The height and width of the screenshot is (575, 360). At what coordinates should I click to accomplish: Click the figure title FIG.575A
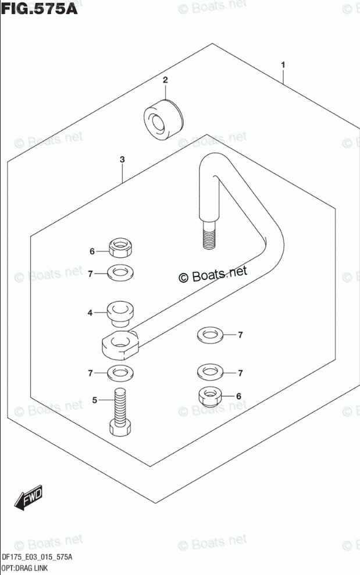pyautogui.click(x=39, y=10)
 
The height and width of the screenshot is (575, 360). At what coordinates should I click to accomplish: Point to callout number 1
pyautogui.click(x=283, y=65)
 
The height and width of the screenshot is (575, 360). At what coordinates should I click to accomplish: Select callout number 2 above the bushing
pyautogui.click(x=165, y=80)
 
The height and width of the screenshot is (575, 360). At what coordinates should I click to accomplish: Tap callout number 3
pyautogui.click(x=122, y=159)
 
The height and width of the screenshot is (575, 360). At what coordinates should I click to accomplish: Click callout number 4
pyautogui.click(x=90, y=313)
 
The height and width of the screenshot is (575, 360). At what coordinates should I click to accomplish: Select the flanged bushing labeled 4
pyautogui.click(x=120, y=313)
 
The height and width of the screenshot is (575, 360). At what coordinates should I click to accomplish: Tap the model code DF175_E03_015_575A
pyautogui.click(x=37, y=558)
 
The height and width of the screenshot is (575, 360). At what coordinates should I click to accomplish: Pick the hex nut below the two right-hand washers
pyautogui.click(x=209, y=397)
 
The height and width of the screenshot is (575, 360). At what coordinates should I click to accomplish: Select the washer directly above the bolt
pyautogui.click(x=120, y=372)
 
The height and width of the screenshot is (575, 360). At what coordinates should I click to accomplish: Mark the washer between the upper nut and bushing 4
pyautogui.click(x=120, y=271)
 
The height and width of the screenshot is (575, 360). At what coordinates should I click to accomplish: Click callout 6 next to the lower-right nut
pyautogui.click(x=238, y=396)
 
